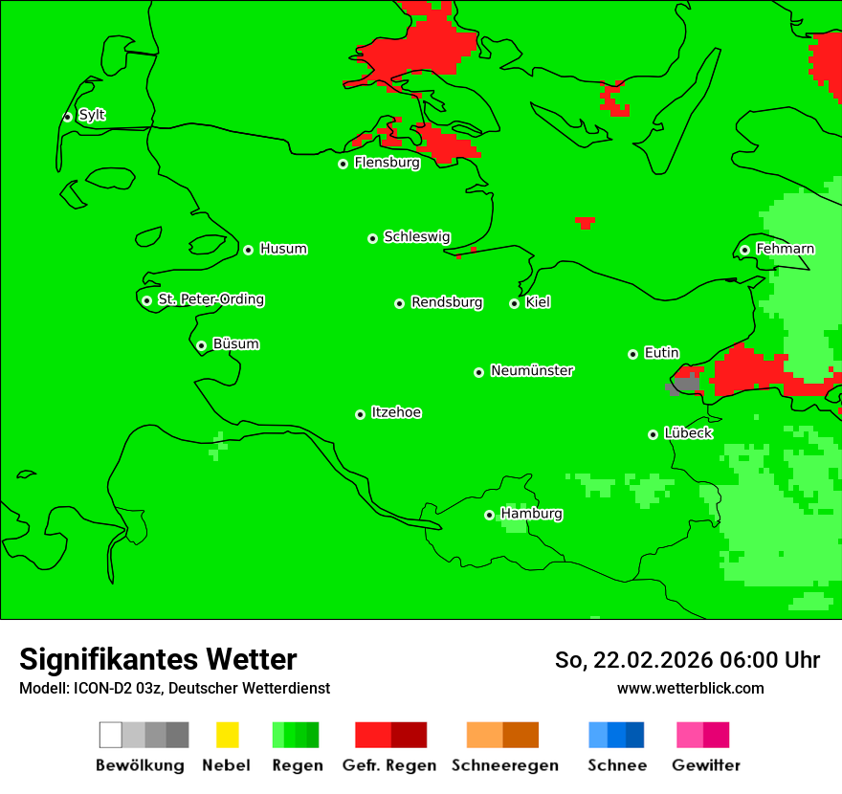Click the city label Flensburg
387,163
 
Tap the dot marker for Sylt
67,117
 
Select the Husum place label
283,249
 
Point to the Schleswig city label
416,236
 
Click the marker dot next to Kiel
514,303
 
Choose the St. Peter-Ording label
210,299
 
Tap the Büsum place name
235,343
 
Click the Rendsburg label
447,302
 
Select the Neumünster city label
532,370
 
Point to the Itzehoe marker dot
360,414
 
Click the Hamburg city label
531,514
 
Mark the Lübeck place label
688,433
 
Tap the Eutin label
661,353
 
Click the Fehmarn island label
785,249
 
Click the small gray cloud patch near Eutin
682,385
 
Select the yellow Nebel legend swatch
227,735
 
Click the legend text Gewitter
706,765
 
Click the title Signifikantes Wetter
158,659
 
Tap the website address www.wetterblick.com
690,688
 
